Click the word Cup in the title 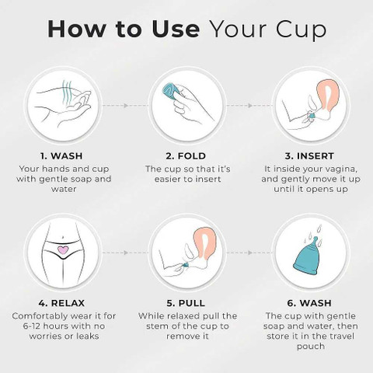click(x=301, y=30)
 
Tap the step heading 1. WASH click(x=61, y=156)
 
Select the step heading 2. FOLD click(x=186, y=156)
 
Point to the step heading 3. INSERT click(x=309, y=156)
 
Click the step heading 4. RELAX click(x=61, y=303)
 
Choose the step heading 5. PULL click(x=186, y=303)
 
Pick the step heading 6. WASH click(x=309, y=303)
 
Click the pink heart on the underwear click(x=63, y=249)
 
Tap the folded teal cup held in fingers click(x=172, y=89)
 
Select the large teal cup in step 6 click(x=309, y=256)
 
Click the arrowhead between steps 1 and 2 click(x=126, y=106)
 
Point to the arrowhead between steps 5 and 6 click(x=250, y=253)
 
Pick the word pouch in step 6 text click(x=311, y=347)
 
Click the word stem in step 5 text click(x=158, y=326)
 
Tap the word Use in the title click(x=176, y=30)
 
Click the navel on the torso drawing click(x=63, y=237)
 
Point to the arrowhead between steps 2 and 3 click(x=250, y=106)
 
